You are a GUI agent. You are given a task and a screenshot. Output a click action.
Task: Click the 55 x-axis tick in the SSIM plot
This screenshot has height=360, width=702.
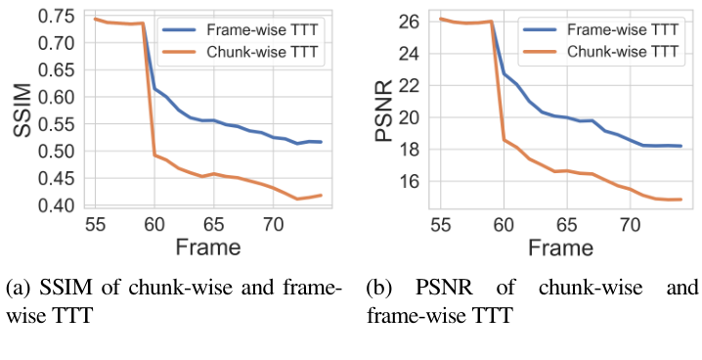click(94, 224)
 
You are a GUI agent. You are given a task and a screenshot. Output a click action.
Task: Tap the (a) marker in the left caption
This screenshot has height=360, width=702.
click(18, 291)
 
